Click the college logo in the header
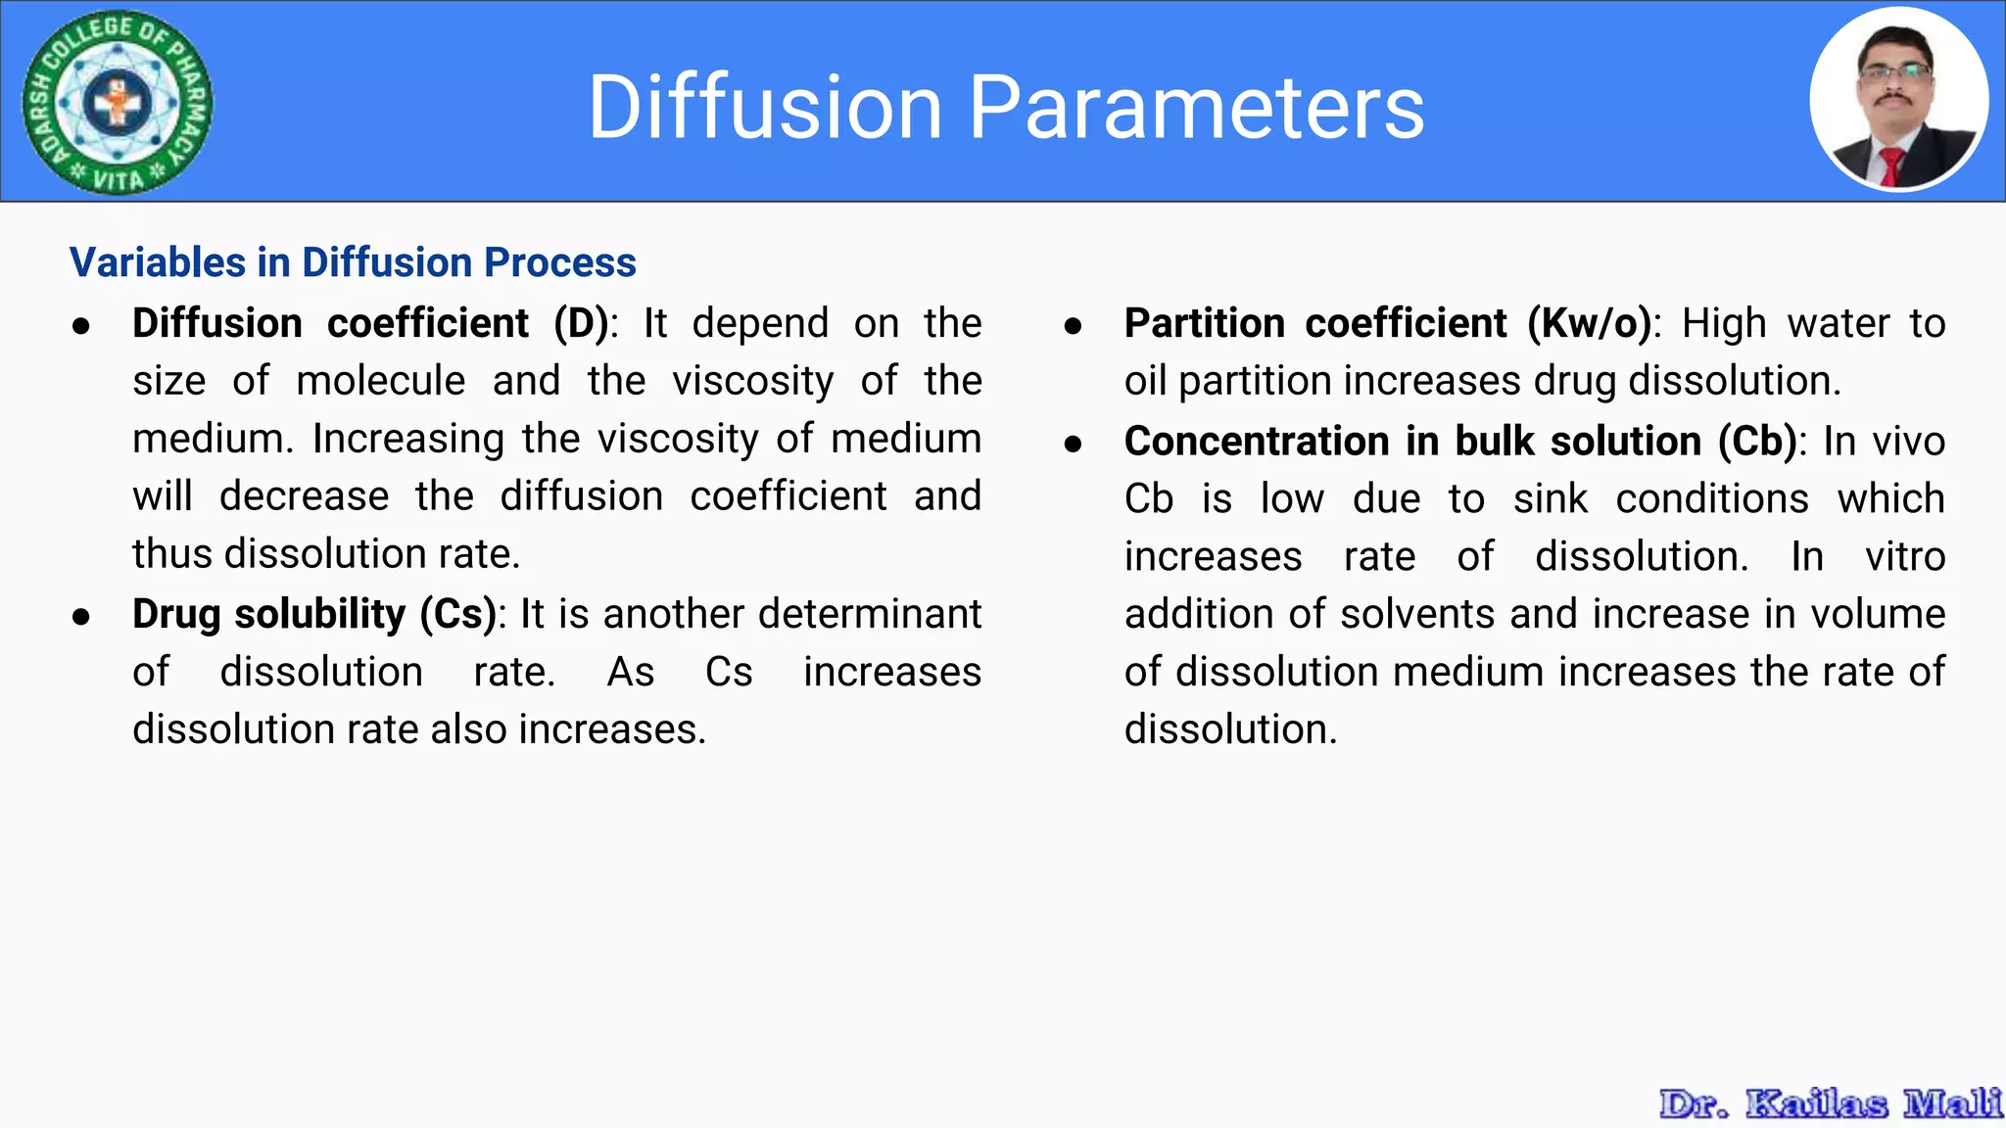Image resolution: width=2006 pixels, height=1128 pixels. coord(118,102)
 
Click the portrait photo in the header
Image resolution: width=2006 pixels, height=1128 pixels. coord(1898,100)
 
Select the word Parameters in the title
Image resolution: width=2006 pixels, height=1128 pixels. coord(1196,107)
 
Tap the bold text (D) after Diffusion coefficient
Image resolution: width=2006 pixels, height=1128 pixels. coord(582,323)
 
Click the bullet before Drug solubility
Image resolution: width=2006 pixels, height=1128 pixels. coord(81,617)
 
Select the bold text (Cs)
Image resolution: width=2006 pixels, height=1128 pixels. coord(458,614)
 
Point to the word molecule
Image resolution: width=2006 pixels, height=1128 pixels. coord(381,381)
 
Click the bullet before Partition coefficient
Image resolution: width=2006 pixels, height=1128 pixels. coord(1074,326)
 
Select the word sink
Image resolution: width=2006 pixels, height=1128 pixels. coord(1550,498)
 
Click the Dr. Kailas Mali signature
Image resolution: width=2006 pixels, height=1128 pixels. coord(1830,1104)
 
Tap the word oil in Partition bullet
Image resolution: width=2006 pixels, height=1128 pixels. coord(1145,381)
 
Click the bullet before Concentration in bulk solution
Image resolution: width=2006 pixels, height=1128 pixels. coord(1074,444)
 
